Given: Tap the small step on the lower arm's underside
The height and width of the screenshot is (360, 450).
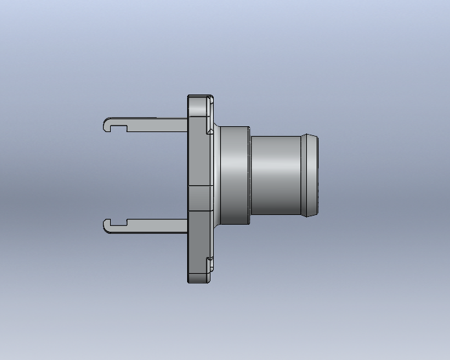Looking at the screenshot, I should tap(129, 231).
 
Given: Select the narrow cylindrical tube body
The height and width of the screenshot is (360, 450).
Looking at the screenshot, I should tap(275, 175).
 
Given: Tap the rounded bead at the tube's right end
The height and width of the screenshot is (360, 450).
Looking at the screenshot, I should tap(309, 175).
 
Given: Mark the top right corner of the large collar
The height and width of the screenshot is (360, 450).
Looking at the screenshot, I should tap(249, 128).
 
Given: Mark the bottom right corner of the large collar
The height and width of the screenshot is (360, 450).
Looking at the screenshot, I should tap(249, 225).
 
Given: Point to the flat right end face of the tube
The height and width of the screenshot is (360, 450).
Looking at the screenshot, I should tap(317, 175).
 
